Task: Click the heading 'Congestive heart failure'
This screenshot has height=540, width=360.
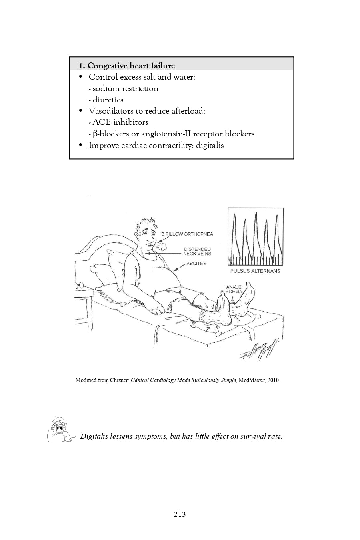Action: pyautogui.click(x=131, y=66)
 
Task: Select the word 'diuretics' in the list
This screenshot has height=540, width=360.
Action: pyautogui.click(x=108, y=100)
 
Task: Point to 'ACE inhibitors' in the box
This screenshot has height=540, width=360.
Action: pyautogui.click(x=120, y=122)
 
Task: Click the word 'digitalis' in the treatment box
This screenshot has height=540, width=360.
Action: pyautogui.click(x=210, y=145)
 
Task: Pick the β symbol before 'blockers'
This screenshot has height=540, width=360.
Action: pyautogui.click(x=95, y=134)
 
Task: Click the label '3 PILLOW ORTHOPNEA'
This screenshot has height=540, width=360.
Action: pyautogui.click(x=187, y=234)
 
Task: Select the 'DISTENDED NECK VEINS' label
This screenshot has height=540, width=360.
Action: pyautogui.click(x=197, y=252)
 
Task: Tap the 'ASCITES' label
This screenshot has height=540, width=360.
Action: pyautogui.click(x=196, y=264)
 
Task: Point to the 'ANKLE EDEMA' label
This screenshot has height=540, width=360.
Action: pyautogui.click(x=234, y=289)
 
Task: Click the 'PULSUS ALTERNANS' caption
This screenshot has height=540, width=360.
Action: pyautogui.click(x=255, y=271)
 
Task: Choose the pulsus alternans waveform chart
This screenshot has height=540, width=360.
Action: pyautogui.click(x=256, y=236)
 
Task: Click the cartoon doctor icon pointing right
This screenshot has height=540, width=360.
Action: pyautogui.click(x=60, y=430)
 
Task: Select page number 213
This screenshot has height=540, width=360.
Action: pyautogui.click(x=180, y=514)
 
